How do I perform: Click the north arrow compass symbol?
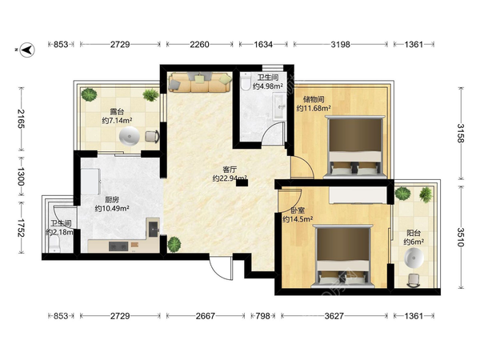pos(27,50)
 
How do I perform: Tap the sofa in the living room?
pos(200,82)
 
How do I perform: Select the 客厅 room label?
pos(230,170)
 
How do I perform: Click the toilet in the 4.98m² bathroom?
pos(246,81)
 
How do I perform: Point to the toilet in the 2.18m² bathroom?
pos(54,244)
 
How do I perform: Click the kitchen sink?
pos(153,229)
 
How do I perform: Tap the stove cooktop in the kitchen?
pos(118,246)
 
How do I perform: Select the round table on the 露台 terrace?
pos(129,136)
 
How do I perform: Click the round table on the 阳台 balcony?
pos(414,258)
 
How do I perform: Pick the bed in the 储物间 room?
pos(354,147)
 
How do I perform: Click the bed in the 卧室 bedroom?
pos(343,256)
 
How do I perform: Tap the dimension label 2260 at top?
pos(199,44)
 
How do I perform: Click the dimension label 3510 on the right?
pos(461,238)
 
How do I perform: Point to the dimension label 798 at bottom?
pos(262,316)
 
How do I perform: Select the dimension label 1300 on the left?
pos(21,176)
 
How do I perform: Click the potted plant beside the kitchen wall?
pos(174,245)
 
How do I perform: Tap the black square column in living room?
pos(242,182)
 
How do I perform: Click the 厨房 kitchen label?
pos(112,200)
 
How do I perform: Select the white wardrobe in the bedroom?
pos(358,195)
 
